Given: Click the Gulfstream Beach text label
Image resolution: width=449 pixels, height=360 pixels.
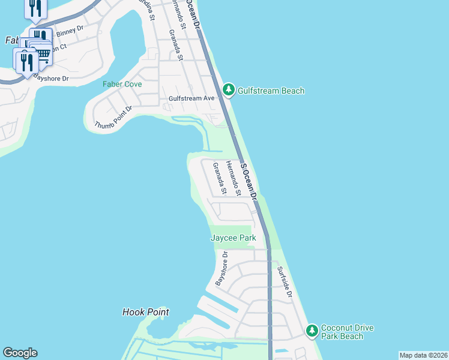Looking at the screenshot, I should (271, 91).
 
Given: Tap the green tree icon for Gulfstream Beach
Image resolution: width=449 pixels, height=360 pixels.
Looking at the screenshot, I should (228, 90).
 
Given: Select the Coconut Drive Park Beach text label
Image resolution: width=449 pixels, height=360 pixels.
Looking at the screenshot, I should (347, 332).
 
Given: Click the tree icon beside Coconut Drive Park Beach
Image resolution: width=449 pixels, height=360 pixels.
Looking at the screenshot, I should (312, 331).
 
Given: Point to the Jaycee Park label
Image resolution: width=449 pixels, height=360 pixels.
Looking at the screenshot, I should (233, 238).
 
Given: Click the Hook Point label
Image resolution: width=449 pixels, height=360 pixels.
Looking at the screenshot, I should (145, 312).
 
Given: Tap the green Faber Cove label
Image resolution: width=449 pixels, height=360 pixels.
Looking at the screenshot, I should (122, 84).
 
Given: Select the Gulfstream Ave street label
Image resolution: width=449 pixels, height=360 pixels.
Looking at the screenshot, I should (191, 98).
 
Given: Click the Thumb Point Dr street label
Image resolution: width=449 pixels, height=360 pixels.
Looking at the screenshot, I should (113, 117).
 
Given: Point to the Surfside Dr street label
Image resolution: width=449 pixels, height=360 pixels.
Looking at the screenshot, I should (284, 283).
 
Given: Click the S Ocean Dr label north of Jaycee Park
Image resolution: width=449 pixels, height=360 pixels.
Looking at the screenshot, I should (249, 179).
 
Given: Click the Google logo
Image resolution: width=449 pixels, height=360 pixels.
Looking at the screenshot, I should (20, 353).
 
